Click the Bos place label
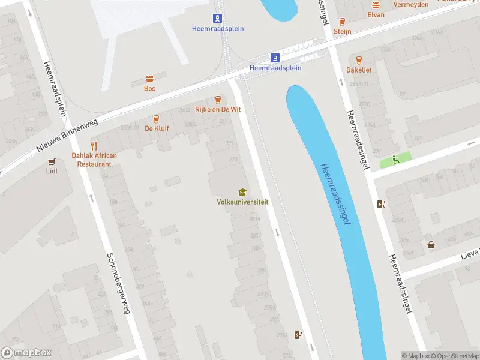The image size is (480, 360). coord(149,88)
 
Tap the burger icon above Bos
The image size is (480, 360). coord(149,79)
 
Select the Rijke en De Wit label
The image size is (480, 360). coord(218,109)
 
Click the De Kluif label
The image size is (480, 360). coord(157,128)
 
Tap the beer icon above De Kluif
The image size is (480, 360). coord(157,119)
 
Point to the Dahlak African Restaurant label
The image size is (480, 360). coord(94,160)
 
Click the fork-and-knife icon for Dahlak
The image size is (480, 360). coord(94,145)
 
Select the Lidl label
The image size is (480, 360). coord(52,170)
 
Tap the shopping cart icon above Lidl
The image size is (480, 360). coord(52,161)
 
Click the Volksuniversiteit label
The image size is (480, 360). coord(242,202)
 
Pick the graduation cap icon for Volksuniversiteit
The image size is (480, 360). coord(242,192)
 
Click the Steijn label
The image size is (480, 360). coord(342,31)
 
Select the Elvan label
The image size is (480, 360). coord(376,15)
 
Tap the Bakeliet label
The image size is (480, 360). coord(359,70)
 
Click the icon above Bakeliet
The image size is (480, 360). coord(359,60)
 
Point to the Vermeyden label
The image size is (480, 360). coord(411,5)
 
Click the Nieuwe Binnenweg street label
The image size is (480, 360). coord(62,138)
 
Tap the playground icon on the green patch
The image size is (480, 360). coord(395,160)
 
